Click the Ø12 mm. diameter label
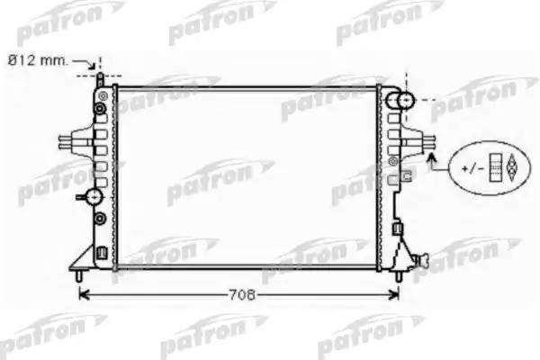[x=39, y=59]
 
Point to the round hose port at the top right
[x=401, y=101]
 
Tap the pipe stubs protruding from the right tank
[x=430, y=141]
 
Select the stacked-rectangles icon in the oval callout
[x=494, y=167]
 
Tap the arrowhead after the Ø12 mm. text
[x=92, y=65]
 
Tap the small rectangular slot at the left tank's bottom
[x=101, y=251]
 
